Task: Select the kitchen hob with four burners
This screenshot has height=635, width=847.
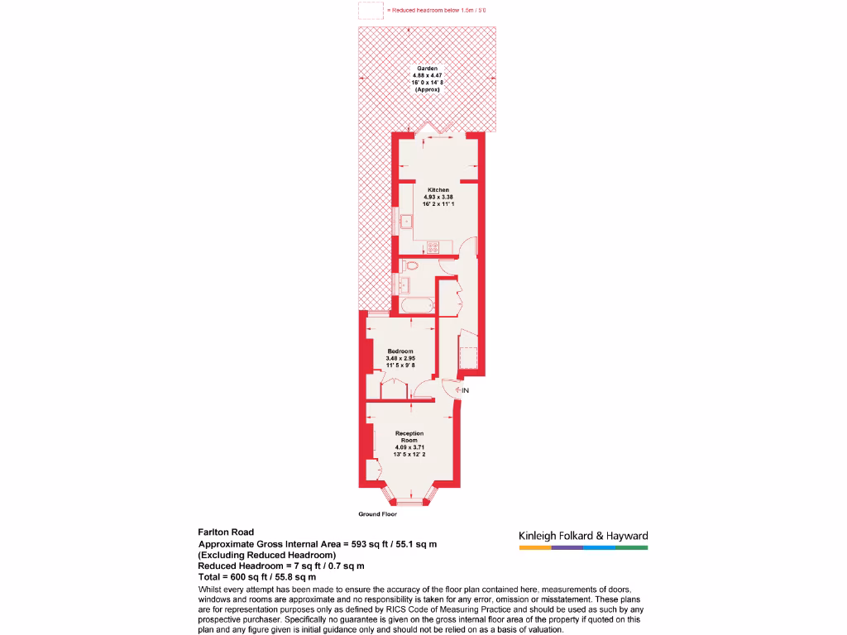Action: [432, 246]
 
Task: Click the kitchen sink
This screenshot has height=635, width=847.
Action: [406, 221]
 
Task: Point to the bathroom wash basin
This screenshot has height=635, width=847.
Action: [404, 284]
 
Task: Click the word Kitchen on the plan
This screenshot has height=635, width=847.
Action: [438, 190]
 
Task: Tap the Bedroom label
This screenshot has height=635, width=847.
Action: [400, 351]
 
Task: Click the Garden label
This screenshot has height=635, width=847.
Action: [428, 69]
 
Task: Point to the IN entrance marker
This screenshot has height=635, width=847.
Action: [465, 390]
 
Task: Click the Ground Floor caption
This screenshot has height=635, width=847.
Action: [377, 514]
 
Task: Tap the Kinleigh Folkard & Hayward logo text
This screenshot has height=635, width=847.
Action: [583, 536]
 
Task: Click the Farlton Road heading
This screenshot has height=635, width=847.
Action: [226, 532]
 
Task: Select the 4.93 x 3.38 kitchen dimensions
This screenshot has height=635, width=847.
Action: [438, 197]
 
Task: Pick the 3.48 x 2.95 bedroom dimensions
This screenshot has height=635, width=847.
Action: [400, 358]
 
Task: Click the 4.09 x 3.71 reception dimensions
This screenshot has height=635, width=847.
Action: [409, 447]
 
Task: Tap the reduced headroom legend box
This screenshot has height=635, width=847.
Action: [371, 10]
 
